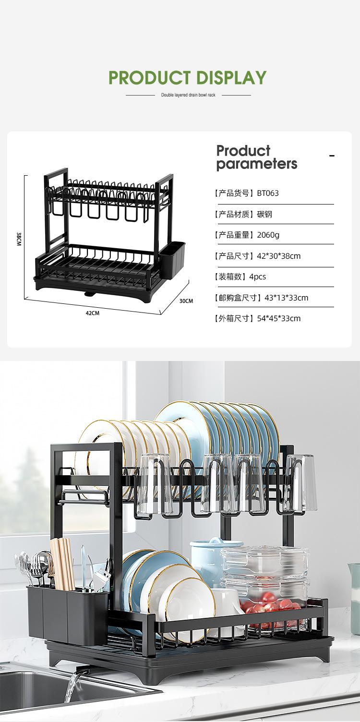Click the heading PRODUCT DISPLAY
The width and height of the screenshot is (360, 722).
187,77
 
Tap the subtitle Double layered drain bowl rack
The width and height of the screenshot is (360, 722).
188,95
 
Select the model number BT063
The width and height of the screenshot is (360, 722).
268,193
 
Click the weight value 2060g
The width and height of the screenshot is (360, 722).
268,235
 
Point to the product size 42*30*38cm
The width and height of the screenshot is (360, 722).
278,256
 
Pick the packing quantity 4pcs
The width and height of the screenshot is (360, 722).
257,277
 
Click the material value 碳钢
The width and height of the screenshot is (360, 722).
264,214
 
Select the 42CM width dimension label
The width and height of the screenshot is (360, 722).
92,313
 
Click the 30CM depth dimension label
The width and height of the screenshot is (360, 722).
186,301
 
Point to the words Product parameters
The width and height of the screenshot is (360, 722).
257,157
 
